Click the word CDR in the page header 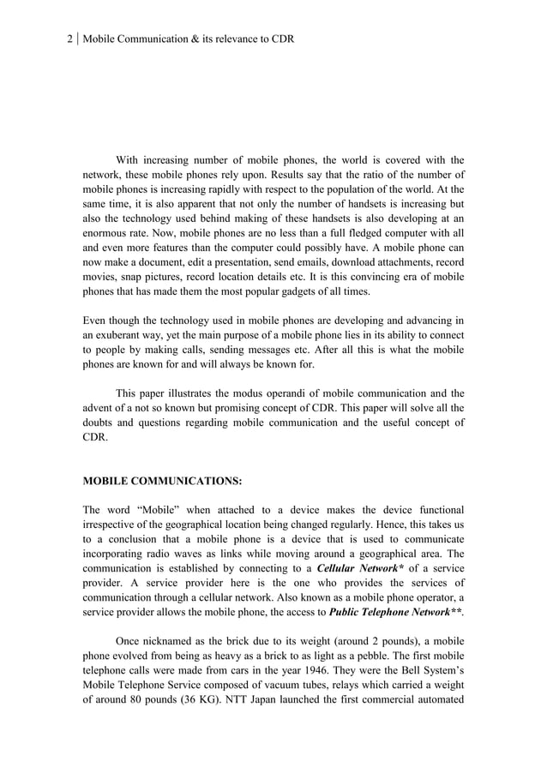282,39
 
